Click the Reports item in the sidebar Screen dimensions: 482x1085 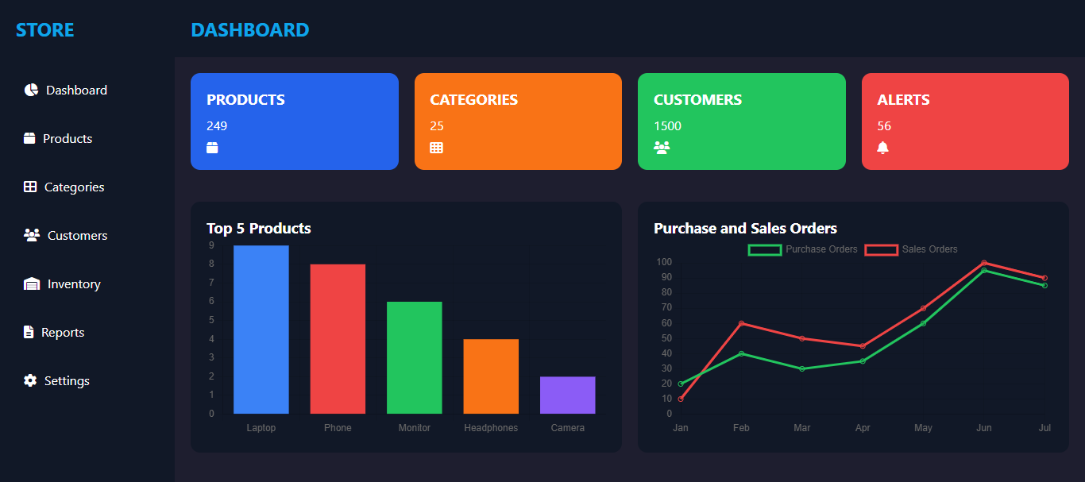(63, 333)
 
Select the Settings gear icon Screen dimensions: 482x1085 (30, 381)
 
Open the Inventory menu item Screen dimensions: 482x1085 (74, 284)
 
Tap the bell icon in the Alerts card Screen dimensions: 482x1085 (882, 148)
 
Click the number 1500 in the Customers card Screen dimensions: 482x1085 (667, 126)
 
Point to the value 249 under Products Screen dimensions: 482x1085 (217, 126)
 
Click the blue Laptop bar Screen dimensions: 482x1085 (261, 330)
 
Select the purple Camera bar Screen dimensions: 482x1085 (567, 395)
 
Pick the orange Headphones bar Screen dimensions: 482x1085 (491, 376)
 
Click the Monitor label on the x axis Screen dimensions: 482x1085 (415, 428)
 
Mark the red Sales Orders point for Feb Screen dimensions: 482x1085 (741, 323)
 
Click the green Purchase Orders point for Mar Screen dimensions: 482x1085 (802, 368)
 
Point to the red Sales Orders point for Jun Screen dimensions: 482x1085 (984, 263)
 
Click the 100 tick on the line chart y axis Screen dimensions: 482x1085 (664, 262)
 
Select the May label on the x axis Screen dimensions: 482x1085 (923, 428)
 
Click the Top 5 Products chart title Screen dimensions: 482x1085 (259, 229)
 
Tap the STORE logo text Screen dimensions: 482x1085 (45, 30)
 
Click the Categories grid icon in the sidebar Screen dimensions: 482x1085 (30, 187)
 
